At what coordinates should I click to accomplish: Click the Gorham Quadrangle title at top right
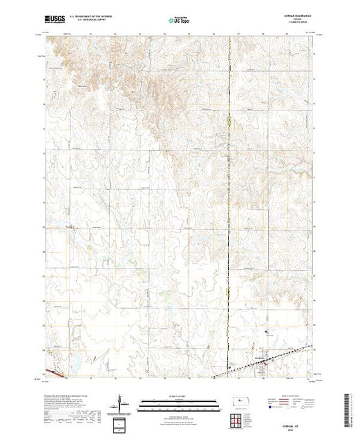click(299, 18)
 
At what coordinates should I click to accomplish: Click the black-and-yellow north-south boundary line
click(229, 207)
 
